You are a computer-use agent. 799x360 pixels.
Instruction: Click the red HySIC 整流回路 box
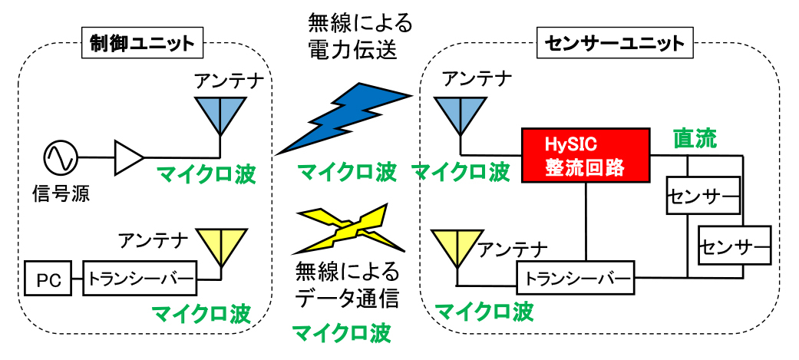point(586,155)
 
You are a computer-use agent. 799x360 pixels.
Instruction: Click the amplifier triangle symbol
point(129,157)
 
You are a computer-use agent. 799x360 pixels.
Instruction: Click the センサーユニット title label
point(614,44)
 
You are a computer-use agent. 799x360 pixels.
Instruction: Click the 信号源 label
point(61,192)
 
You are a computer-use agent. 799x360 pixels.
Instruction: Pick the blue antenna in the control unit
point(220,115)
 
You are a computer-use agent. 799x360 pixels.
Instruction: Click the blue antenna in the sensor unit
point(460,115)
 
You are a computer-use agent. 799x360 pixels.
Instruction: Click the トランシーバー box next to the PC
point(140,279)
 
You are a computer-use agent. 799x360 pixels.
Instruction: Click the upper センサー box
point(703,195)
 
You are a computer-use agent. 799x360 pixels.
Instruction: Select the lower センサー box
point(735,244)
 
